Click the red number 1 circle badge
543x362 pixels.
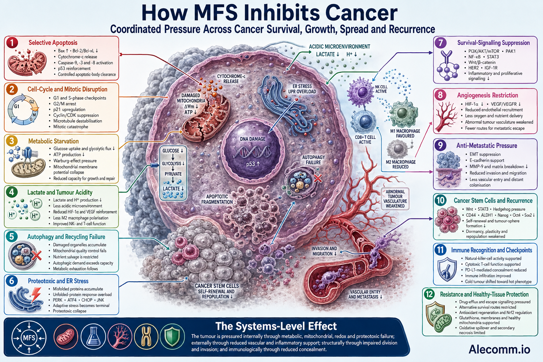(x=12, y=43)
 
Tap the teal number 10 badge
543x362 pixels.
(x=440, y=200)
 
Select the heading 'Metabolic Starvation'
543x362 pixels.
(x=53, y=141)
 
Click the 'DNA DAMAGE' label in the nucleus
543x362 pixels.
(x=253, y=139)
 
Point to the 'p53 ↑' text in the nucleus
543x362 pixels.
(x=253, y=164)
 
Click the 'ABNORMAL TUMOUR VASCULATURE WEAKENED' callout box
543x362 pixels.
(x=395, y=199)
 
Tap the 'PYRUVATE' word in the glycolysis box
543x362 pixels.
(x=173, y=174)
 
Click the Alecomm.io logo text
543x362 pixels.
(x=500, y=349)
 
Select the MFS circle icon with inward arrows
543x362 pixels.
(x=29, y=338)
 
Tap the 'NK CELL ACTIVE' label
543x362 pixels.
(x=381, y=89)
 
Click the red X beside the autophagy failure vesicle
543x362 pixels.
(x=318, y=179)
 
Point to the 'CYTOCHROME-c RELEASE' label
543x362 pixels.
(x=231, y=79)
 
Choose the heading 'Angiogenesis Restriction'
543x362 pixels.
(x=487, y=95)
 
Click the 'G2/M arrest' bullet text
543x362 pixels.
(x=65, y=104)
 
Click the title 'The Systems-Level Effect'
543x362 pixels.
(x=276, y=326)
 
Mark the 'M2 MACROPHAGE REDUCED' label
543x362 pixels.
(x=401, y=164)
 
